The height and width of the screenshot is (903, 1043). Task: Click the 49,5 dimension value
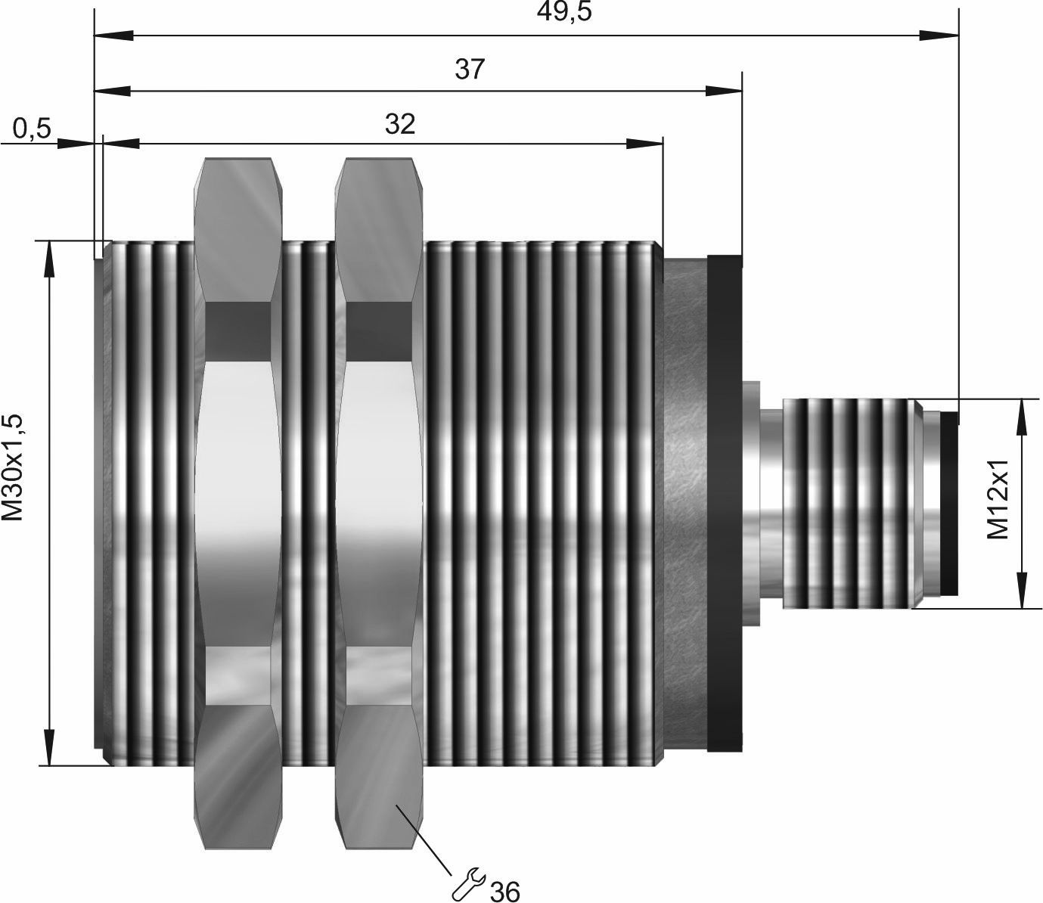[x=563, y=11]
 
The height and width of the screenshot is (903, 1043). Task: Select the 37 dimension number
[x=469, y=69]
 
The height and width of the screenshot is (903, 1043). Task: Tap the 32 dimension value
[x=399, y=124]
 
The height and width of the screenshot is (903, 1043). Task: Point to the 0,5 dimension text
[x=32, y=129]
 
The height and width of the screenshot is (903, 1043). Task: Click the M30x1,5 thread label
[x=13, y=467]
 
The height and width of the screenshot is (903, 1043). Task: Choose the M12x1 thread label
[x=997, y=499]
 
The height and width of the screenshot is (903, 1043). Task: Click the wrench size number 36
[x=504, y=890]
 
